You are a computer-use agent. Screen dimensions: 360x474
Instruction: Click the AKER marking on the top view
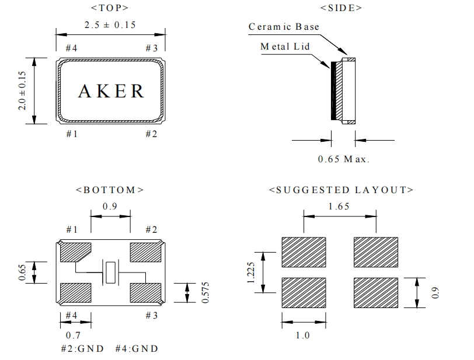point(111,91)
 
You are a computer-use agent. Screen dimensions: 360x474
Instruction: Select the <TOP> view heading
point(110,8)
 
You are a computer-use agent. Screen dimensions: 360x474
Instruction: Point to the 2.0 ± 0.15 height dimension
point(23,90)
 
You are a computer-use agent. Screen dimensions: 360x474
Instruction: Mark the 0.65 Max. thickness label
point(344,159)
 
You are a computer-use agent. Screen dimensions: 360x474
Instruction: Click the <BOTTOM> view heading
point(110,190)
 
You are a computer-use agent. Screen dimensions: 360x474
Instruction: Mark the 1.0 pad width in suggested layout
point(304,336)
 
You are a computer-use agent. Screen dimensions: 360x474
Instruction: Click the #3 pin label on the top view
point(151,48)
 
